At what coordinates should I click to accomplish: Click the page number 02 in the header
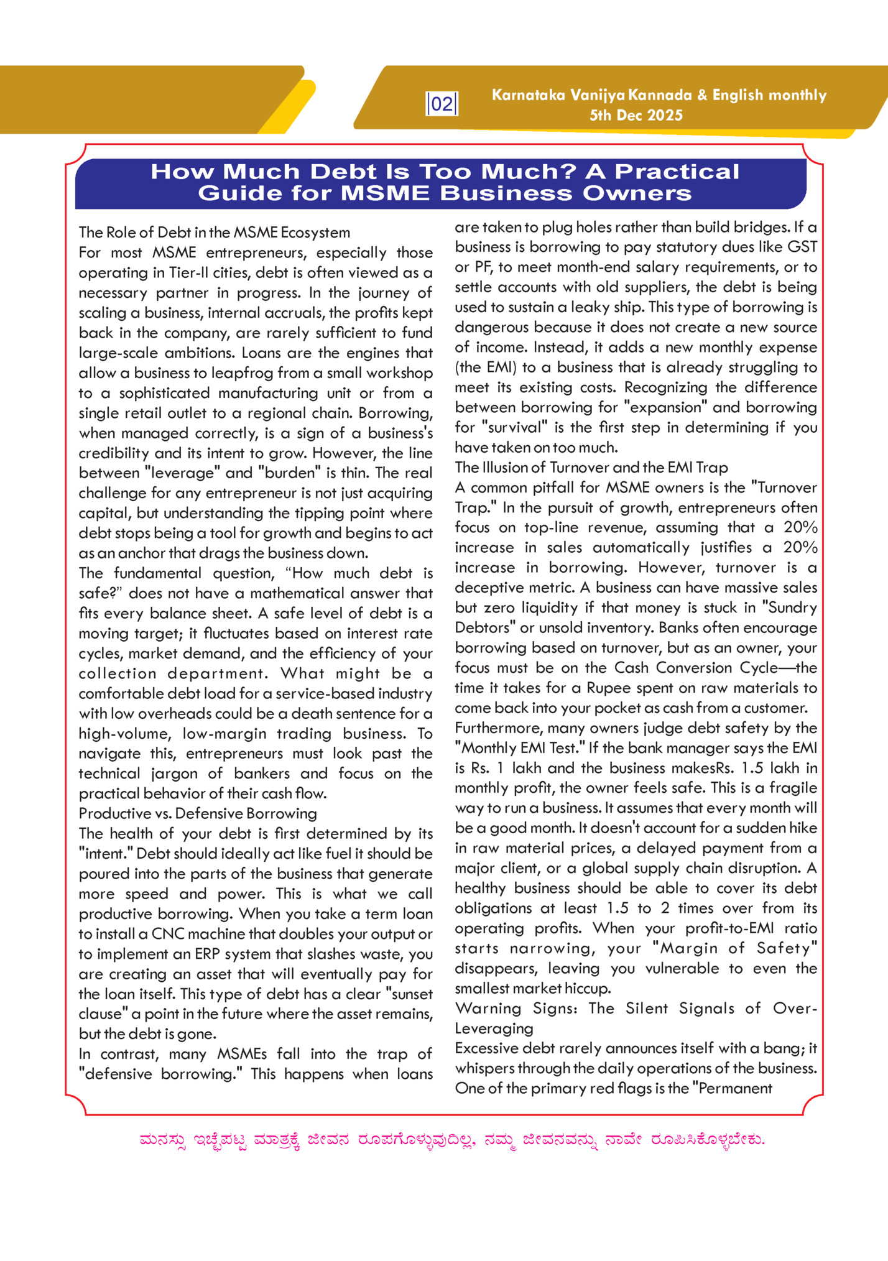click(x=442, y=104)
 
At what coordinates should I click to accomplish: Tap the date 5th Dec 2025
click(x=636, y=116)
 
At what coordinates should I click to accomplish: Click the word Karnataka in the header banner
click(x=528, y=95)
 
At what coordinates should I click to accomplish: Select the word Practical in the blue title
click(x=677, y=172)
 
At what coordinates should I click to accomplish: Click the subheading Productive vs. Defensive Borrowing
click(x=198, y=813)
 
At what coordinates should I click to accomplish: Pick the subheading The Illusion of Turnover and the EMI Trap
click(x=591, y=468)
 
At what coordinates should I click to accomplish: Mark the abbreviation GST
click(x=802, y=247)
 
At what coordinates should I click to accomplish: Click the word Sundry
click(x=793, y=607)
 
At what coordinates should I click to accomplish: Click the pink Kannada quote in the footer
click(x=452, y=1140)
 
